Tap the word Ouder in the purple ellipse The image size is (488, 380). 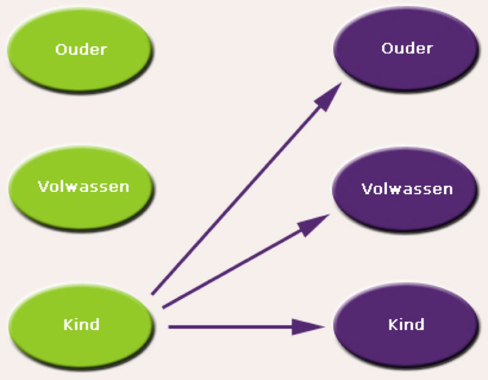tap(407, 48)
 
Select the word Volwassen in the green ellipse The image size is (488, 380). tap(83, 186)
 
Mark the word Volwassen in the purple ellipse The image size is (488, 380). tap(407, 188)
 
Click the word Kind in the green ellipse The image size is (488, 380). tap(81, 324)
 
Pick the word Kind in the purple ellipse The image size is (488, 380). tap(406, 324)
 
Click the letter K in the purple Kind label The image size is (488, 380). tap(393, 324)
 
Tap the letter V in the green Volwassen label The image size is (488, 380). tap(43, 186)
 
